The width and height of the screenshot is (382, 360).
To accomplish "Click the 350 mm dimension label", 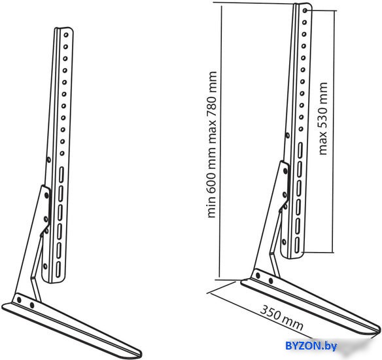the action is tap(282, 317).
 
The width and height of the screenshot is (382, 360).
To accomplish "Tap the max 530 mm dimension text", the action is tap(322, 118).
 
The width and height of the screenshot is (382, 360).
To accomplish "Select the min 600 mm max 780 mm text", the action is tap(211, 144).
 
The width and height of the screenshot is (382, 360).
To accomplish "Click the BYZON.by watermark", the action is tap(311, 346).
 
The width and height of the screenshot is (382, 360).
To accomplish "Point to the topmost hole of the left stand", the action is tap(66, 35).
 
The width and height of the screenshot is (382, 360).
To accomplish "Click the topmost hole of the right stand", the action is tap(305, 10).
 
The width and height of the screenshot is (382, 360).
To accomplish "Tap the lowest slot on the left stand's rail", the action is tap(58, 270).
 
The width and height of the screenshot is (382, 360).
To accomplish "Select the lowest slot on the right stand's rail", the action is tap(297, 245).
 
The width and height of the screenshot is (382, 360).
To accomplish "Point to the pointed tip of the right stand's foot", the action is tap(379, 329).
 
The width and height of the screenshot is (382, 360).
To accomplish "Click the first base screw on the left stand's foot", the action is tap(19, 300).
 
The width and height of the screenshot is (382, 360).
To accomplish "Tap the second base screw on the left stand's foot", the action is tap(31, 305).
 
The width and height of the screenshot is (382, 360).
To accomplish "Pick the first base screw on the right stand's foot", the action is tap(258, 276).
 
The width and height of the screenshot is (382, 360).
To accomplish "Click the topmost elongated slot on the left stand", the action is tap(61, 175).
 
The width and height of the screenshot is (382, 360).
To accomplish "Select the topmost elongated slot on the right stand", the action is tap(300, 150).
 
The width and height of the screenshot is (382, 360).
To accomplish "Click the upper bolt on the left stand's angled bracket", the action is tap(46, 195).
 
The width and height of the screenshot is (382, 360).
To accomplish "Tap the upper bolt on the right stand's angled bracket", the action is tap(285, 171).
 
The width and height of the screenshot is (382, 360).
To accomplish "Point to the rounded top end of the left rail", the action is tap(64, 28).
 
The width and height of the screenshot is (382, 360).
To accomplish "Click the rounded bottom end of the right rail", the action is tap(292, 256).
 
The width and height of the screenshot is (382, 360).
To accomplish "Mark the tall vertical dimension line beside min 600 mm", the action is tap(220, 141).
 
